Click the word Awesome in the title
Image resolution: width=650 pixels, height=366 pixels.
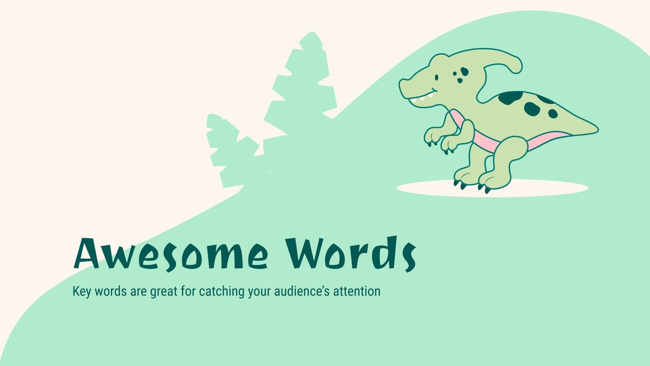(171, 254)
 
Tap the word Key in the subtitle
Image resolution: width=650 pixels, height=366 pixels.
(81, 292)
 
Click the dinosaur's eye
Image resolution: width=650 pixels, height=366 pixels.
(437, 77)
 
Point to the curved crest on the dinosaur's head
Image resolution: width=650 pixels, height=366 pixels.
(508, 61)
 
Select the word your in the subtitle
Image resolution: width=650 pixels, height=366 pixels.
(260, 292)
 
